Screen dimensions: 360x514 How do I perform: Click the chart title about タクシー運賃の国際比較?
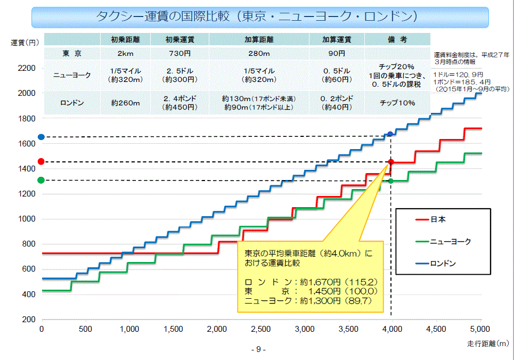(x=256, y=17)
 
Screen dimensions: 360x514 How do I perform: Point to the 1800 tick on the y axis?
(x=27, y=118)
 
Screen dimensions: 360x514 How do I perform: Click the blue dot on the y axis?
(x=41, y=137)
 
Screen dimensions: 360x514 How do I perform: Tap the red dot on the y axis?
(x=41, y=161)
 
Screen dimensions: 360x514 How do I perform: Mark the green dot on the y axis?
(x=41, y=180)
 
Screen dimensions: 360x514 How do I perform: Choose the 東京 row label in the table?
(x=72, y=53)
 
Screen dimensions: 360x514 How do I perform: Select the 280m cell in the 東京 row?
(x=259, y=53)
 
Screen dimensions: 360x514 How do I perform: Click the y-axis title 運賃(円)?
(x=25, y=42)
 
